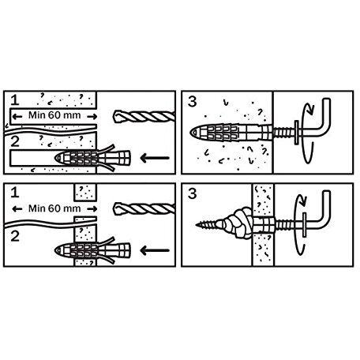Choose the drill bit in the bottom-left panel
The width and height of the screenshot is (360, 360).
143,209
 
